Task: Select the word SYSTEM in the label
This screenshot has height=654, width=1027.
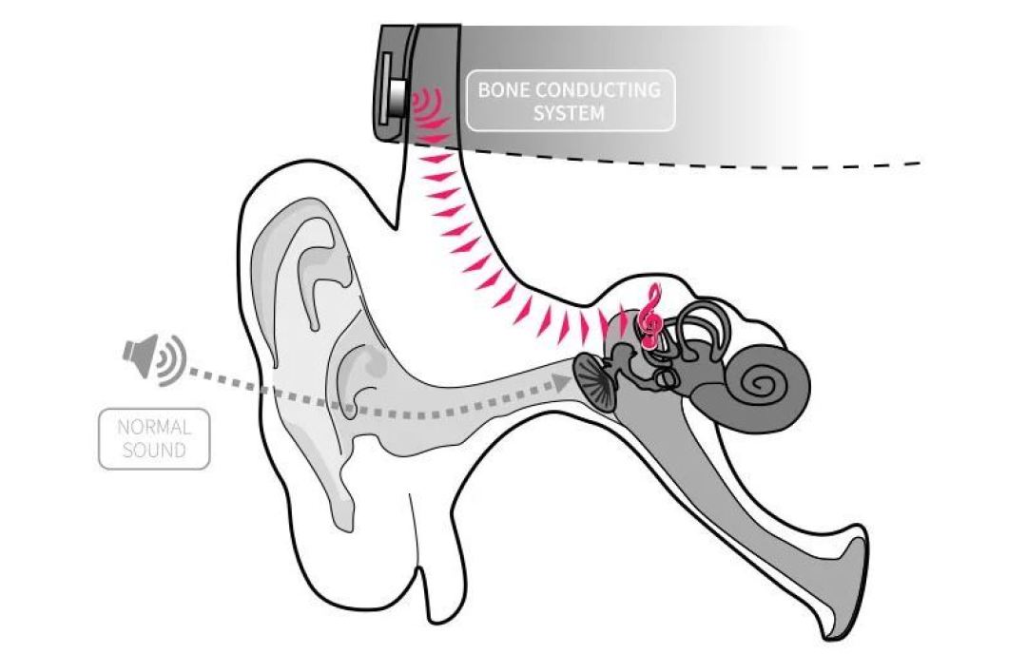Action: click(x=569, y=112)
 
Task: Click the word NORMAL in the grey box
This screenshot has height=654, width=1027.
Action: click(x=154, y=427)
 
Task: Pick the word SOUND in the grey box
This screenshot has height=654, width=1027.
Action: click(x=154, y=450)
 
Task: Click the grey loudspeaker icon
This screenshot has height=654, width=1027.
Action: click(x=140, y=356)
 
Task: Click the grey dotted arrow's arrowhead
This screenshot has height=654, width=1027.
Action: click(x=560, y=382)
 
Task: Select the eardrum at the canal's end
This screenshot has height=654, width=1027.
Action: click(x=594, y=384)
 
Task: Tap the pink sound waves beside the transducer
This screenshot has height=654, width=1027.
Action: click(x=429, y=108)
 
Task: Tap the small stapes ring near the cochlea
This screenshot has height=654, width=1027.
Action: click(x=666, y=378)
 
